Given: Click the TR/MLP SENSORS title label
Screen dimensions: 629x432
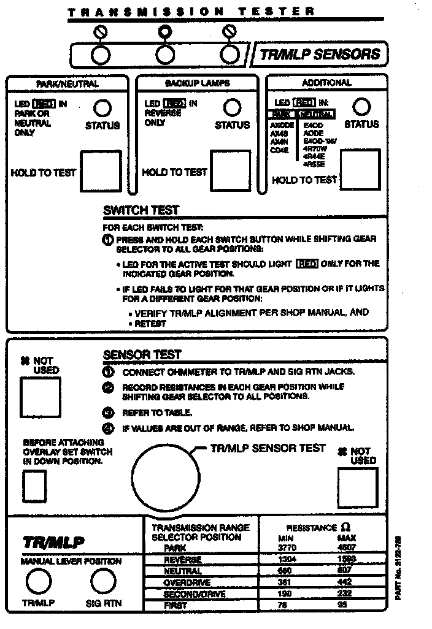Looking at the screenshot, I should (320, 54).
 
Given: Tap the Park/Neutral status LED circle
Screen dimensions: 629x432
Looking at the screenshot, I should (102, 109).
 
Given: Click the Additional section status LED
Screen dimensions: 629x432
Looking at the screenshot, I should (362, 107).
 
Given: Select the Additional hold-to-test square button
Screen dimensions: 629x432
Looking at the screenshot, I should (360, 170).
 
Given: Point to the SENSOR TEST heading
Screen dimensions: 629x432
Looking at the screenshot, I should (142, 354).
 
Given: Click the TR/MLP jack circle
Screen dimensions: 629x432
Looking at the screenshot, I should (38, 581).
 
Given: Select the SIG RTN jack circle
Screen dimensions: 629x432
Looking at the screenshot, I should (103, 581).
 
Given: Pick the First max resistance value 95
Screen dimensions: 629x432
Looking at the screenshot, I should (346, 606).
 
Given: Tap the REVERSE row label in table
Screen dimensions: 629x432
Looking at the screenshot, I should (182, 559).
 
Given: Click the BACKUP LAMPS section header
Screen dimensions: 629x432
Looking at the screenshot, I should (193, 83).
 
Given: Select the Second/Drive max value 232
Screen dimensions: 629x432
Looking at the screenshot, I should (347, 594).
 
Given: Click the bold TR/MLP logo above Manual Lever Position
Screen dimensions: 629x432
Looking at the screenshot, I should (53, 543).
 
